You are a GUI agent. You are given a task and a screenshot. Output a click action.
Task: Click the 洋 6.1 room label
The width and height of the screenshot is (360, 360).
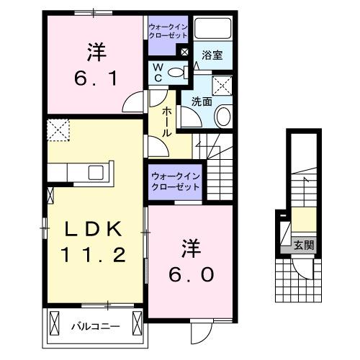coord(96,63)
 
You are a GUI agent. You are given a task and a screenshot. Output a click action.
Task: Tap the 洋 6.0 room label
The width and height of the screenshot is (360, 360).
coord(192,262)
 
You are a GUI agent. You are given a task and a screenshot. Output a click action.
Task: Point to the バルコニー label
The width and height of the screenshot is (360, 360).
coord(94,326)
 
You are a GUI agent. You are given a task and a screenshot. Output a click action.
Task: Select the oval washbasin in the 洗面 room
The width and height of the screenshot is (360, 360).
coord(222,116)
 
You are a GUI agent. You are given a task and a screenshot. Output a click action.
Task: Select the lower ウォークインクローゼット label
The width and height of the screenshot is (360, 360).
coord(175,180)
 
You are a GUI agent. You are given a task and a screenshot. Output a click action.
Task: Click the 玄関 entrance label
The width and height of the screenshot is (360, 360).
coord(303,245)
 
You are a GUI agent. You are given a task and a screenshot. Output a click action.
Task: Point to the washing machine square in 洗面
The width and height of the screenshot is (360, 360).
coord(223,86)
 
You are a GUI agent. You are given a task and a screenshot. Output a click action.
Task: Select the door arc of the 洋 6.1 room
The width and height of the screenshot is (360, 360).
coord(133,104)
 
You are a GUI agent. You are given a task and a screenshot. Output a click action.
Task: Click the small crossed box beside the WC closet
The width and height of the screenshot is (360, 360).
coord(184,53)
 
